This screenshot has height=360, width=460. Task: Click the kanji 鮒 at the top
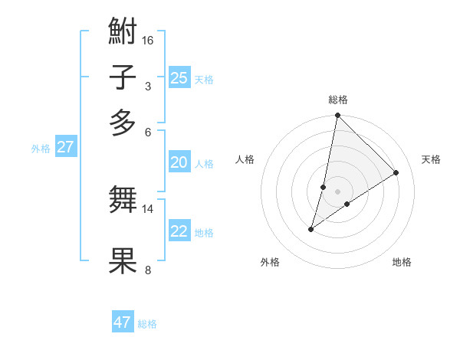(x=123, y=33)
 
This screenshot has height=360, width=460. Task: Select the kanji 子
(x=123, y=78)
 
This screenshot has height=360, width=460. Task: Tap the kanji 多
(x=123, y=123)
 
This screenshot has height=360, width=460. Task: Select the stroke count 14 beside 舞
(x=148, y=208)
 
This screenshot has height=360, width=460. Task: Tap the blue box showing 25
(x=179, y=77)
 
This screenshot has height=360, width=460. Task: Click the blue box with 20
(x=179, y=162)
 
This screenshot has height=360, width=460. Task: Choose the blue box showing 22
(x=179, y=231)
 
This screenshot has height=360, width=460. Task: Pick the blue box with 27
(x=66, y=147)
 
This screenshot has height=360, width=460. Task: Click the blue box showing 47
(x=123, y=322)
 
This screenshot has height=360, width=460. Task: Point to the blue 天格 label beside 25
(x=204, y=79)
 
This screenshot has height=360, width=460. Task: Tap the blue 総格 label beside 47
(x=147, y=324)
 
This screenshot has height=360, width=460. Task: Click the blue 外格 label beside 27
(x=41, y=149)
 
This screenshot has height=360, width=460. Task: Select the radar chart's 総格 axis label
(x=337, y=100)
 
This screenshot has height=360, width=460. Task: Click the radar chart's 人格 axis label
(x=245, y=159)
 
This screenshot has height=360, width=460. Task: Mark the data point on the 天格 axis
(x=396, y=172)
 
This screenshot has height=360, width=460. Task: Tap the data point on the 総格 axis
(x=337, y=116)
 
